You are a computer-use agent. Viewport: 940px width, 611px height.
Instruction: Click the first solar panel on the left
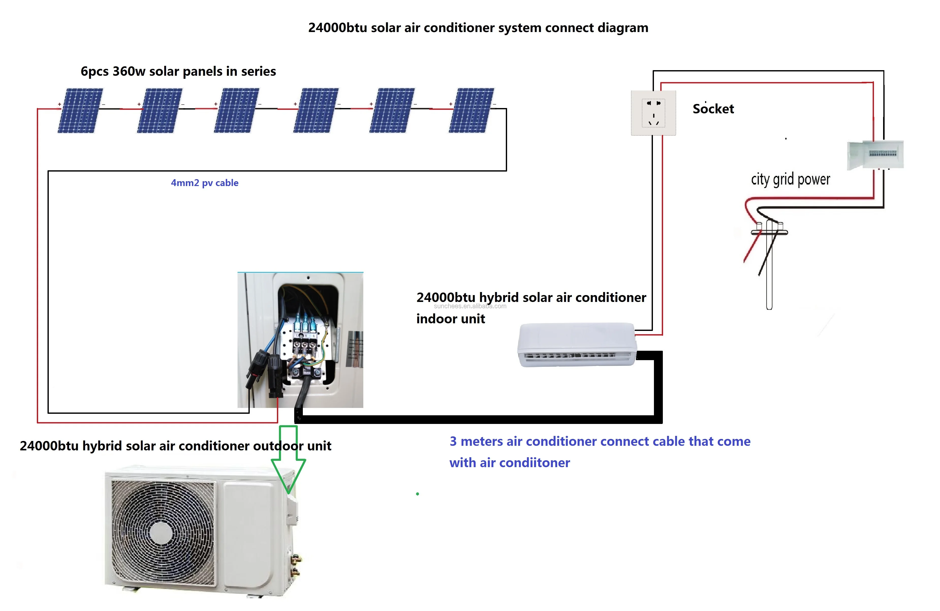click(x=80, y=110)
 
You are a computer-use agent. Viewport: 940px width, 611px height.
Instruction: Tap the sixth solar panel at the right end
click(x=471, y=110)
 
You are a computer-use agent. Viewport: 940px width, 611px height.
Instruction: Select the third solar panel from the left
click(x=237, y=110)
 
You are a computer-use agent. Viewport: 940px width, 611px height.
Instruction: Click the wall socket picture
click(x=653, y=113)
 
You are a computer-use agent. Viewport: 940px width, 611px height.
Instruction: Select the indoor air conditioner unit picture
click(x=577, y=345)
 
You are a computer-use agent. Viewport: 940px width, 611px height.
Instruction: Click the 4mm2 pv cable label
click(x=204, y=183)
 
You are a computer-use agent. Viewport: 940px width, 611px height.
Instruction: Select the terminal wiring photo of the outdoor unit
click(x=300, y=340)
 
